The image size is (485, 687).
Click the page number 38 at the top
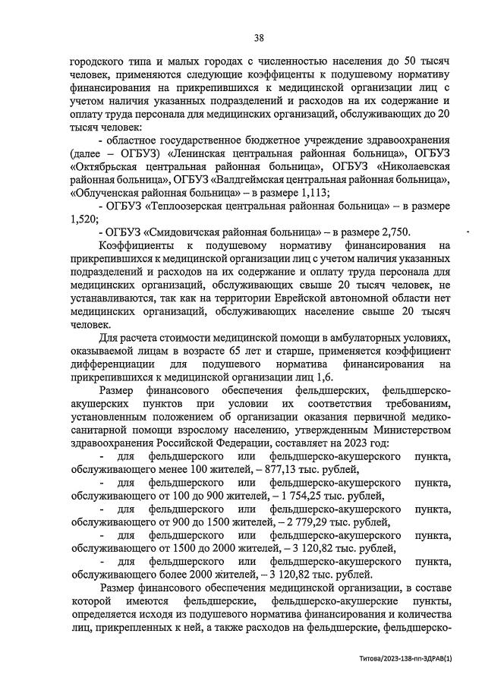tap(259, 38)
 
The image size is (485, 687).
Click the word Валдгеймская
tap(257, 180)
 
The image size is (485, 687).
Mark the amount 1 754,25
tap(317, 496)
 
